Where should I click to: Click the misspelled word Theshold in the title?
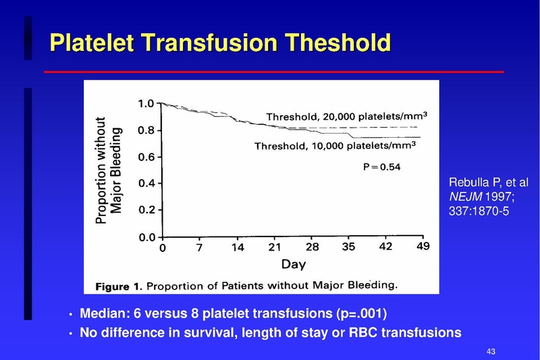339,43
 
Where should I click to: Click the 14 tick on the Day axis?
237,247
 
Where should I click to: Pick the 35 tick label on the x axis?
348,247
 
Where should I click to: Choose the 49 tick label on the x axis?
423,247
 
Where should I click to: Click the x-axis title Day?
293,263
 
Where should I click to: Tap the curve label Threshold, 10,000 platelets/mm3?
335,145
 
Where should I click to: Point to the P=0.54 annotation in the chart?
381,168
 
